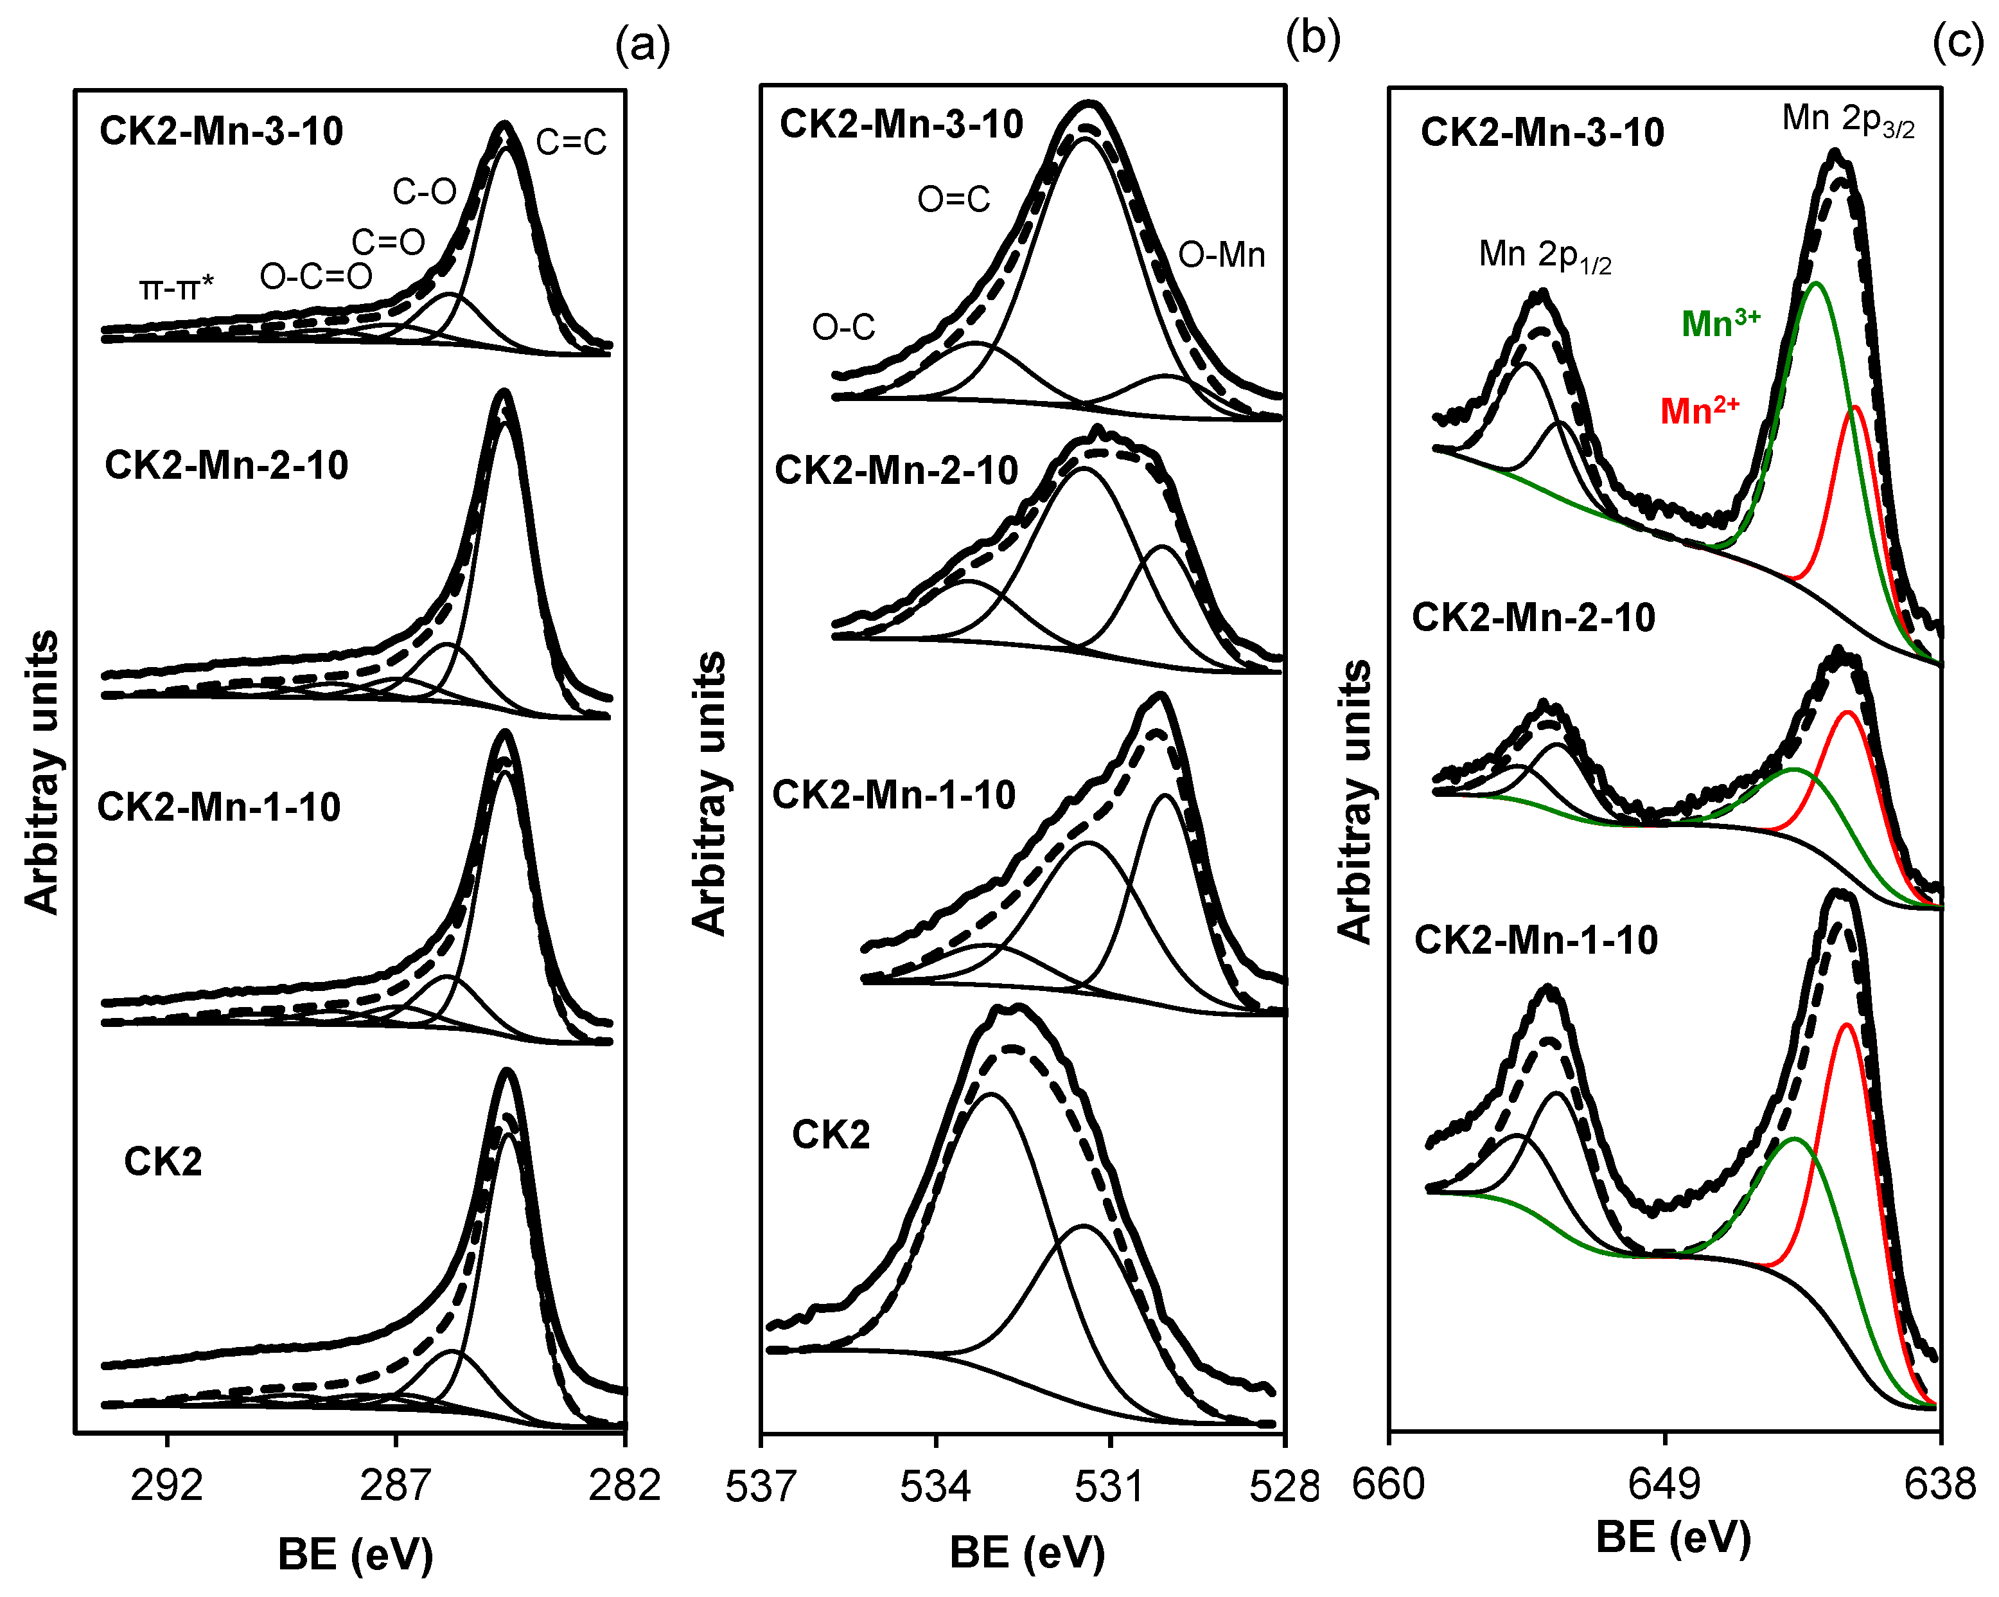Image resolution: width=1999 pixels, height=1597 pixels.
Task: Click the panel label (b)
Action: [x=1313, y=39]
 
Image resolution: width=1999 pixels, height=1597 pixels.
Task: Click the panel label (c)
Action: [x=1957, y=42]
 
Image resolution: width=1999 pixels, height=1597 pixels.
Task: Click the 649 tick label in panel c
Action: [x=1664, y=1485]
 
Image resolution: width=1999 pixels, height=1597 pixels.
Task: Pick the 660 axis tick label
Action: [x=1388, y=1485]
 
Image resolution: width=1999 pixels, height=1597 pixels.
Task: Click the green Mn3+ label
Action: [x=1720, y=323]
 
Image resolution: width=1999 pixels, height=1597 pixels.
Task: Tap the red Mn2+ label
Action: [x=1698, y=410]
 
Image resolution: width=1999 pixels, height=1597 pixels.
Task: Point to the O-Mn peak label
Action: [x=1221, y=255]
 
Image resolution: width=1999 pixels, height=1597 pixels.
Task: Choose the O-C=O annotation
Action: [x=316, y=276]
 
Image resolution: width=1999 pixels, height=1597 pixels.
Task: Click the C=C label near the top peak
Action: [x=571, y=142]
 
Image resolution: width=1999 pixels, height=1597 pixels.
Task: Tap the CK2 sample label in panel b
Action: [x=831, y=1135]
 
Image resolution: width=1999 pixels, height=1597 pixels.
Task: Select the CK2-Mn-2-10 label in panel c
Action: [x=1533, y=618]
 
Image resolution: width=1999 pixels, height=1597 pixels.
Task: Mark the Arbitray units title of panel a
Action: [x=42, y=772]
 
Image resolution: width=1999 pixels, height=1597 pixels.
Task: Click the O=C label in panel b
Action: [x=953, y=199]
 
